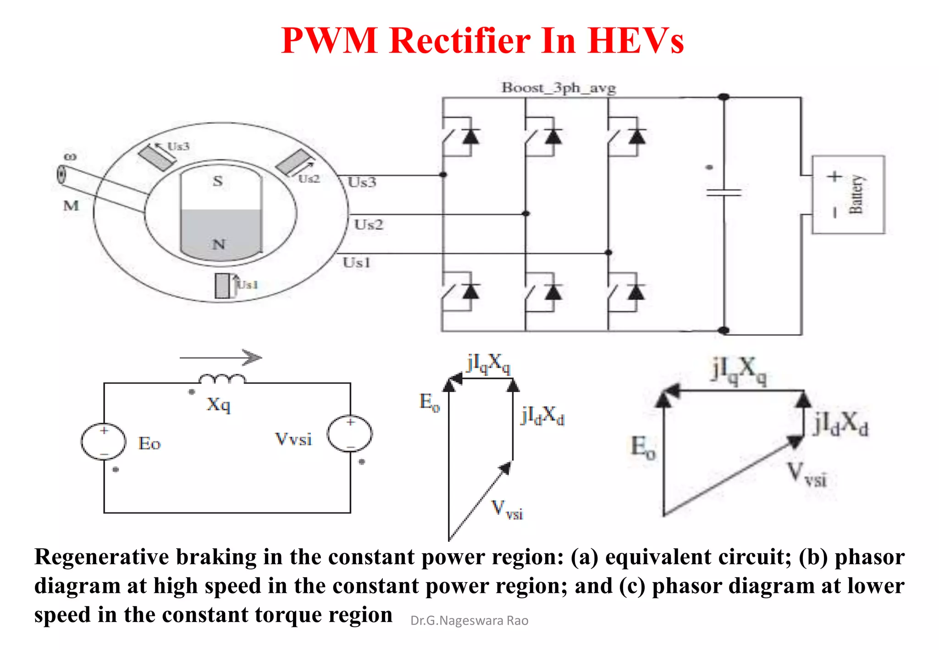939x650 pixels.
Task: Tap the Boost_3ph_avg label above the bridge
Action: tap(558, 87)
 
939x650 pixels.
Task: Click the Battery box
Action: tap(848, 195)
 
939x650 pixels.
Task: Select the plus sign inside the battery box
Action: tap(834, 176)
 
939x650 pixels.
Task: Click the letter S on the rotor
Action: tap(218, 181)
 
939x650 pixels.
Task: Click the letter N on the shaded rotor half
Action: tap(219, 244)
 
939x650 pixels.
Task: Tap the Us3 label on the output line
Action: tap(362, 182)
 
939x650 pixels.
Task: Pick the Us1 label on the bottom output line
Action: tap(356, 263)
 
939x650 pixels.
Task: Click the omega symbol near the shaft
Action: tap(70, 157)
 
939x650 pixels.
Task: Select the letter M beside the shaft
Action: tap(71, 205)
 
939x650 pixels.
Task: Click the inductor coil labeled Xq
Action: tap(222, 379)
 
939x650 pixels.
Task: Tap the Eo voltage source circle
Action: tap(104, 441)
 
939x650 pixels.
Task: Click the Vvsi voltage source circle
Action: tap(350, 434)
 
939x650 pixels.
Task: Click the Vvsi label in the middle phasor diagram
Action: tap(507, 509)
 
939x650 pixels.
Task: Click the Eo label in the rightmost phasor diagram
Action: tap(643, 447)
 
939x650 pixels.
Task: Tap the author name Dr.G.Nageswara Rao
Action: tap(469, 620)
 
